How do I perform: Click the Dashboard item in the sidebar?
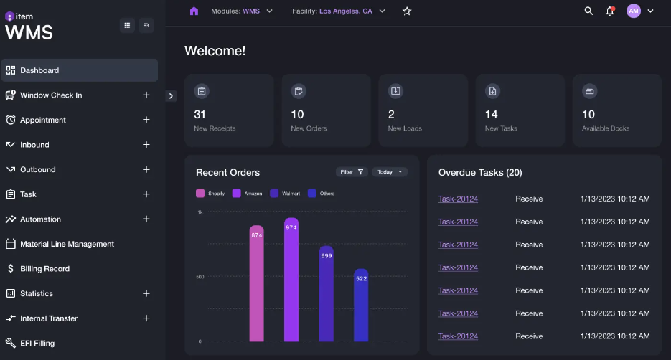coord(39,70)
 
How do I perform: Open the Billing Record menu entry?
coord(44,269)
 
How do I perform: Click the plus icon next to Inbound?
coord(146,145)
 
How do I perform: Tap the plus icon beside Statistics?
coord(146,293)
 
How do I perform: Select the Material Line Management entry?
coord(67,244)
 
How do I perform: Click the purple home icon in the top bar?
coord(194,11)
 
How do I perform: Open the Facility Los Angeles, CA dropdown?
coord(339,11)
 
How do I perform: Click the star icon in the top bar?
coord(407,11)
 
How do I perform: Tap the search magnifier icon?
coord(588,11)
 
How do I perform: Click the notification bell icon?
coord(610,11)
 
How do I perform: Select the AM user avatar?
coord(633,11)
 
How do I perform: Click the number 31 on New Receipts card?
coord(200,114)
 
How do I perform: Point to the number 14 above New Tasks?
coord(492,114)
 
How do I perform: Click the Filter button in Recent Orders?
coord(352,172)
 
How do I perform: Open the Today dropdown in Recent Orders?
coord(390,172)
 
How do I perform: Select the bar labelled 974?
coord(291,280)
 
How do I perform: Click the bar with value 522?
coord(361,305)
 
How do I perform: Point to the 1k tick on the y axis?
coord(200,212)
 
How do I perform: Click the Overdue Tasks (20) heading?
coord(480,173)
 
